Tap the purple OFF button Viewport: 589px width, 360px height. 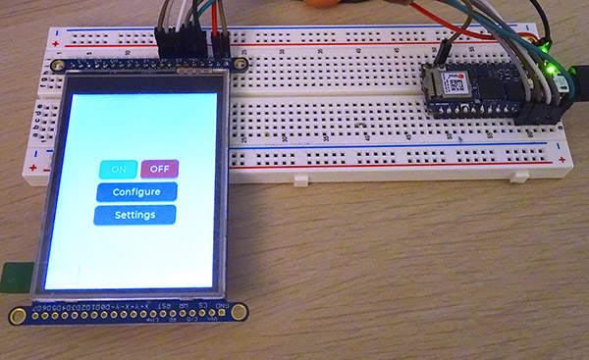pyautogui.click(x=159, y=169)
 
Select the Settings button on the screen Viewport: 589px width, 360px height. pyautogui.click(x=135, y=214)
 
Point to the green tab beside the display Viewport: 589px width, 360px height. pyautogui.click(x=13, y=276)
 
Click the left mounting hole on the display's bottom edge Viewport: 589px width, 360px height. pyautogui.click(x=18, y=315)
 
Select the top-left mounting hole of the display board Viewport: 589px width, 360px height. pyautogui.click(x=62, y=66)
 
